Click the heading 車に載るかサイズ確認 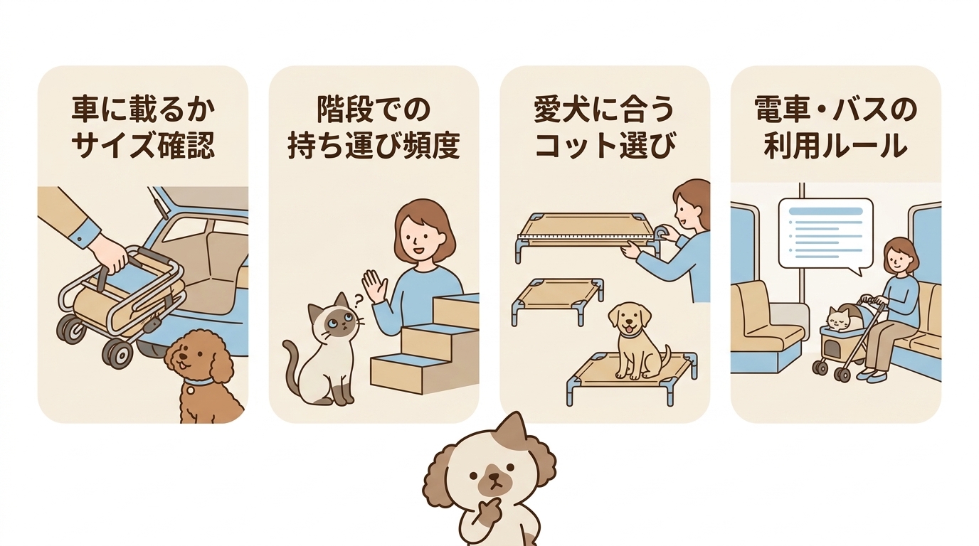tap(142, 128)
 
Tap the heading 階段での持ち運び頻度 tap(374, 128)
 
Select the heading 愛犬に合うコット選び tap(604, 128)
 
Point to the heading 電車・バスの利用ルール tap(835, 128)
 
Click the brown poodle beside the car tap(203, 377)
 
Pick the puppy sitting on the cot tap(633, 338)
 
